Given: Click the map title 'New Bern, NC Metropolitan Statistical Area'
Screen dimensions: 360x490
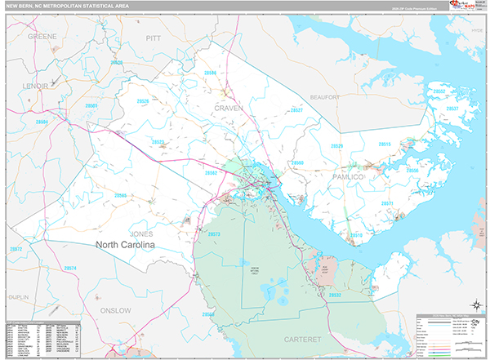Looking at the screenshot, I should coord(71,7).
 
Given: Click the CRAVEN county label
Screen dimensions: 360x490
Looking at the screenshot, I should coord(229,108).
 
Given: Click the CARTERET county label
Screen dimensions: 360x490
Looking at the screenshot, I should coord(299,337).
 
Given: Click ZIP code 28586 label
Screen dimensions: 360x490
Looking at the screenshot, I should coord(211,73).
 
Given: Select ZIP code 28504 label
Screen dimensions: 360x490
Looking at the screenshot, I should coord(42,122).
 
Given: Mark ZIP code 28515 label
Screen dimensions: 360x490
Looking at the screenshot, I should coord(384,144).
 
